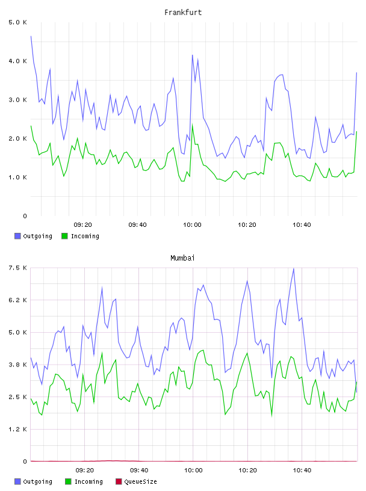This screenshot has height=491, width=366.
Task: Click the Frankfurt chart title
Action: (x=183, y=13)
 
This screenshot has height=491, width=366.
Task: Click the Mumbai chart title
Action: (x=182, y=258)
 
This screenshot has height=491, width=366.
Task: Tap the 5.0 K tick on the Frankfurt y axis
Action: (x=17, y=22)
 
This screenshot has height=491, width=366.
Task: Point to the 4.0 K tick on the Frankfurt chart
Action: (x=17, y=61)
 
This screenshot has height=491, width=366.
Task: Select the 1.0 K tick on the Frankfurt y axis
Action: (x=17, y=178)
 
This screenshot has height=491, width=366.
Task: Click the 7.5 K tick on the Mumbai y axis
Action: (x=17, y=268)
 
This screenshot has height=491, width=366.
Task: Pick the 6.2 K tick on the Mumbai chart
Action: (x=17, y=300)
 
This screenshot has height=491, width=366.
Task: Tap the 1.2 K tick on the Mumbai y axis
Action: (x=17, y=429)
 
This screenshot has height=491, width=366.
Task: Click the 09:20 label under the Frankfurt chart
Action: (x=82, y=225)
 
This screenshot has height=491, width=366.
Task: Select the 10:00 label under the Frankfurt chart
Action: (x=192, y=225)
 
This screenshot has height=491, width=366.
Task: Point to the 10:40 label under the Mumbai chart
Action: (x=302, y=471)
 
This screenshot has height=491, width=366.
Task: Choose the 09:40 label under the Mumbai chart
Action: (x=139, y=471)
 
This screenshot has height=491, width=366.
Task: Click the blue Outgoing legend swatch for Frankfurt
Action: (x=17, y=236)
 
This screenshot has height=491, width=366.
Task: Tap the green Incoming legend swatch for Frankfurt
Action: (x=64, y=236)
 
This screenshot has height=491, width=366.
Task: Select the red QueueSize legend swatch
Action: (x=119, y=481)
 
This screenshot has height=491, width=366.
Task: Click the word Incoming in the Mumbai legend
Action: (x=88, y=482)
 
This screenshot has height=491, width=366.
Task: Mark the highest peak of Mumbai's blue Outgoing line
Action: (x=294, y=268)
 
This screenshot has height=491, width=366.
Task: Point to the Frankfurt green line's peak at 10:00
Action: (x=193, y=125)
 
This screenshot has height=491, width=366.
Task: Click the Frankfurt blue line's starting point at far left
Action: (x=31, y=36)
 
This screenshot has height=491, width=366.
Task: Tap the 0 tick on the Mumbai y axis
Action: (x=25, y=462)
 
